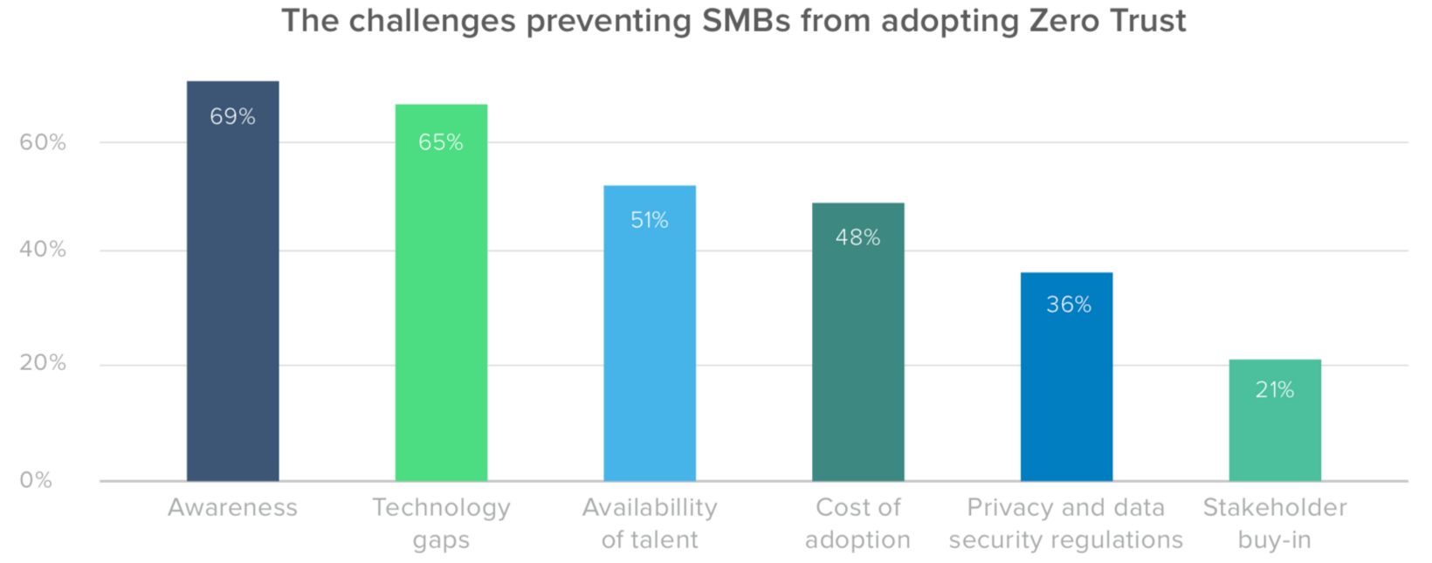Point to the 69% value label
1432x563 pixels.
(232, 116)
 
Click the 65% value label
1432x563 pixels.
(441, 142)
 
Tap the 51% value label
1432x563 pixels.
(650, 220)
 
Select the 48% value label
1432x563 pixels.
(857, 237)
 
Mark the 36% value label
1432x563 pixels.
(1068, 305)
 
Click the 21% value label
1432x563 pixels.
(1274, 390)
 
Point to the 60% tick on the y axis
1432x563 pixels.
(43, 142)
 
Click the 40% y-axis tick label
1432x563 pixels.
(43, 250)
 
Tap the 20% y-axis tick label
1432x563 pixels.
(43, 363)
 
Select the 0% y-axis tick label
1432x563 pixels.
(36, 480)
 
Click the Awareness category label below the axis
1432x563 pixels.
(232, 507)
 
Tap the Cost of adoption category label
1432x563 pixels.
(857, 524)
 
